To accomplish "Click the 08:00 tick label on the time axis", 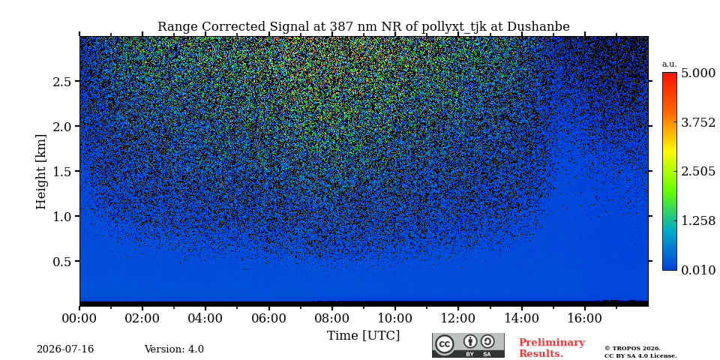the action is tap(331, 318).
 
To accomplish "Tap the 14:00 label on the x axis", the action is tap(521, 318).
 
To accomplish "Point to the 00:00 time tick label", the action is tap(79, 318).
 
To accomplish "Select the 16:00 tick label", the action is tap(584, 318).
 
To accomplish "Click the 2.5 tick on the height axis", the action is tap(61, 81).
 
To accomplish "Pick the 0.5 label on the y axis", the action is tap(61, 261).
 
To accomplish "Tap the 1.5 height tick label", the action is tap(61, 171).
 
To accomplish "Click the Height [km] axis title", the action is tap(41, 172).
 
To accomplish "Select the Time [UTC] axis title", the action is tap(363, 336).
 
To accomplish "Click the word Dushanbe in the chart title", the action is tap(538, 27).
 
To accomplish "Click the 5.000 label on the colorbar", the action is tap(698, 73).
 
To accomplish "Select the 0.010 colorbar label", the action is tap(698, 270).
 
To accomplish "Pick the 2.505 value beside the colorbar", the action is tap(698, 172).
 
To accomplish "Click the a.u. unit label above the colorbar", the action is tap(670, 64).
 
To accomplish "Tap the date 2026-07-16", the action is tap(65, 349).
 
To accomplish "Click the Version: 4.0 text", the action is tap(174, 349).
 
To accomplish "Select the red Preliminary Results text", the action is tap(552, 348).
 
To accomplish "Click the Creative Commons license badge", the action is tap(468, 345).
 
